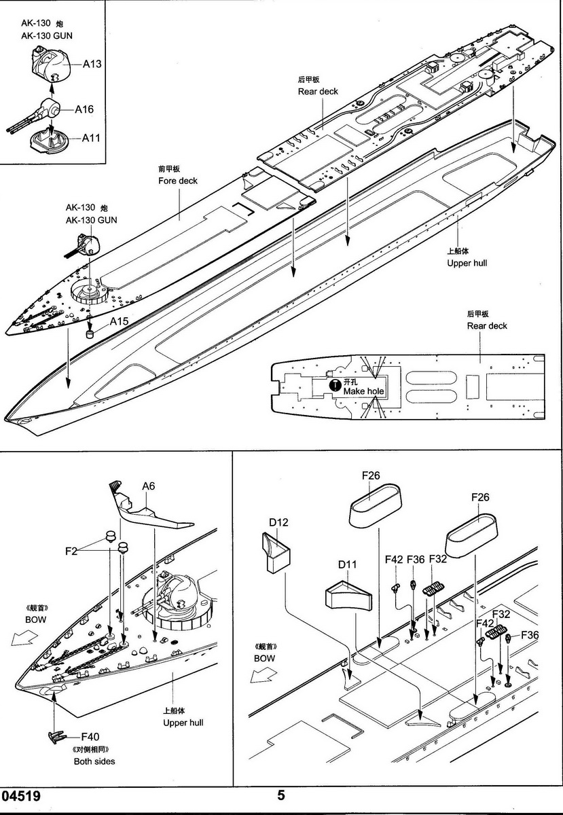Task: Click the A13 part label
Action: coord(92,65)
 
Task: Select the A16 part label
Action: coord(84,109)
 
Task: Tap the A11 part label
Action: coord(91,138)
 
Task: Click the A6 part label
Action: coord(149,486)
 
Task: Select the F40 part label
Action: coord(90,737)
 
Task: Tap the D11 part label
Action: coord(347,564)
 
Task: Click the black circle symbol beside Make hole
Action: coord(334,384)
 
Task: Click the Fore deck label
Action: coord(178,181)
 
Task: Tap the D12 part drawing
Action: coord(274,550)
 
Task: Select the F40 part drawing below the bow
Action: coord(56,737)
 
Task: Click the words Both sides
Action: coord(94,761)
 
